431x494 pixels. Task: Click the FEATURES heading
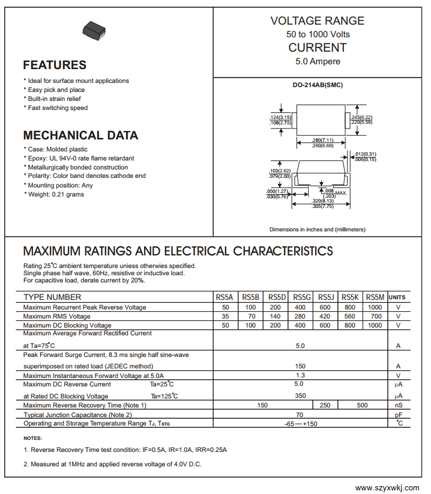55,65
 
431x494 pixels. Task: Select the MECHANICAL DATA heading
80,135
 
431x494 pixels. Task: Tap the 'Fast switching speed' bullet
57,108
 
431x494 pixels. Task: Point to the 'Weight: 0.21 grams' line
55,195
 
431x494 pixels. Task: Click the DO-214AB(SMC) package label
318,85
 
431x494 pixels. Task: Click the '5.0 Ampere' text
318,61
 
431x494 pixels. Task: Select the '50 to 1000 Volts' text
318,34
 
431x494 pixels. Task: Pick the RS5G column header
302,297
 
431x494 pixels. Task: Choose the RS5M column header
375,297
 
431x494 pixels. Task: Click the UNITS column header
397,297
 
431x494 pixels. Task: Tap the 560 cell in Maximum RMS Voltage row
351,316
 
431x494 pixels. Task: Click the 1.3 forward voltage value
300,375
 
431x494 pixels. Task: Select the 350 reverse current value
300,395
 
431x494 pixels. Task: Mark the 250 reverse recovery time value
325,406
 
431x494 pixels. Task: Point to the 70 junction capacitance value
300,415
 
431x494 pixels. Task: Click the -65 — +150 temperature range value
300,424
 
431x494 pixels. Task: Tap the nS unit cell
398,406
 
